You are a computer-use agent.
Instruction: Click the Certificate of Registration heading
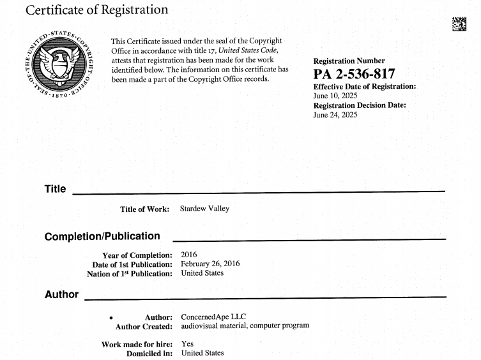(x=97, y=10)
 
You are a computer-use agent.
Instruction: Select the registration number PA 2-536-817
(x=355, y=74)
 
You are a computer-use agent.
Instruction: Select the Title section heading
(x=55, y=190)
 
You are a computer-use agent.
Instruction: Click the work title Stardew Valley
(x=204, y=209)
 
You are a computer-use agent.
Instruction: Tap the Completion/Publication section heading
(x=102, y=236)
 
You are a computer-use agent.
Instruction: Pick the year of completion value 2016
(x=190, y=255)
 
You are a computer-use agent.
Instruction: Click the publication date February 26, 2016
(x=211, y=264)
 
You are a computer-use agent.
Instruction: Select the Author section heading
(x=61, y=294)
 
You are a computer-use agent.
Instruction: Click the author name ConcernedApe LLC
(x=213, y=317)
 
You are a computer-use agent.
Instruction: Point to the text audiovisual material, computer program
(x=245, y=326)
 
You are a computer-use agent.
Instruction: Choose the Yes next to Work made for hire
(x=188, y=344)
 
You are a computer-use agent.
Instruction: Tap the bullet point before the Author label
(x=111, y=317)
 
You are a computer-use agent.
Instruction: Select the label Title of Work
(x=144, y=209)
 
